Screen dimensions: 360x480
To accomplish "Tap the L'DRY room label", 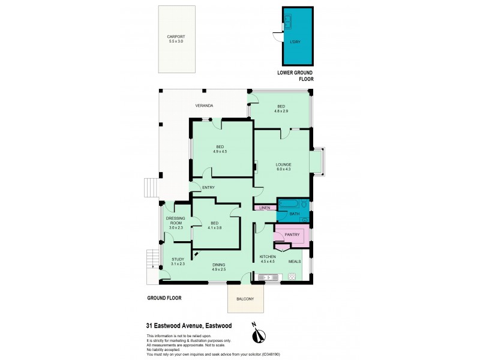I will click(x=295, y=42).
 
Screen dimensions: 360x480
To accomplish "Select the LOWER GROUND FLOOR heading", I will click(x=295, y=76).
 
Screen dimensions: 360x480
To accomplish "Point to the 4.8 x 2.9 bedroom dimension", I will click(x=282, y=111).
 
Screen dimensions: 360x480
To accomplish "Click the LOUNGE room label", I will click(x=283, y=164).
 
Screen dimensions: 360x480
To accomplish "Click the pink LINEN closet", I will click(x=265, y=208).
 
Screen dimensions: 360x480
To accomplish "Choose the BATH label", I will click(x=294, y=214).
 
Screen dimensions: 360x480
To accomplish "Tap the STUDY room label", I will click(x=178, y=259).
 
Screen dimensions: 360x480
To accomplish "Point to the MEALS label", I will click(x=295, y=262).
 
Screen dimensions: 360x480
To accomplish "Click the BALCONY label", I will click(x=245, y=299).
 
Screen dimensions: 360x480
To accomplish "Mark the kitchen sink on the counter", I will click(x=266, y=277).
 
